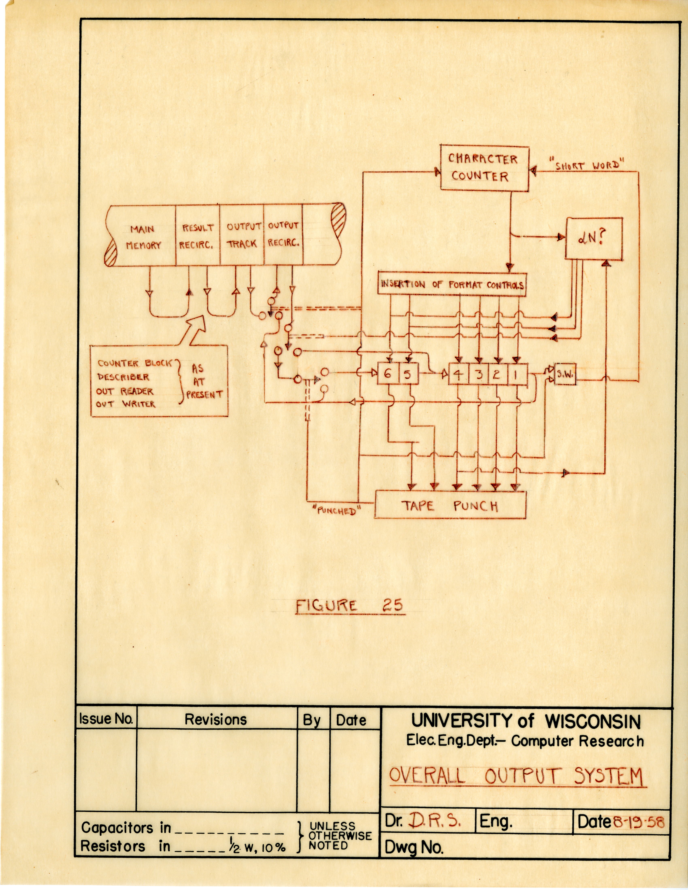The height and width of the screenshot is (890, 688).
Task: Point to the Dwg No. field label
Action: tap(414, 848)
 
